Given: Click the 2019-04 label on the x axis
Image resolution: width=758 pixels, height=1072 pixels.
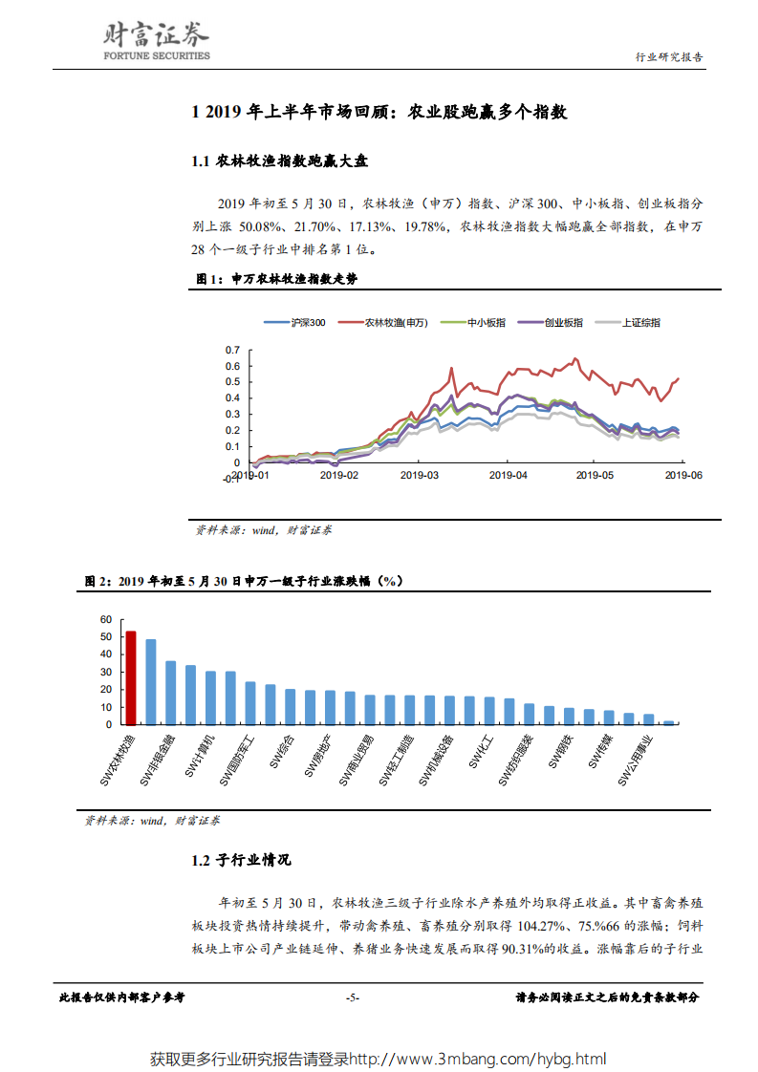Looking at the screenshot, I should [x=508, y=474].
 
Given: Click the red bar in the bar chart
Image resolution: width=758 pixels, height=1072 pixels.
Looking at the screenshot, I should [x=131, y=676].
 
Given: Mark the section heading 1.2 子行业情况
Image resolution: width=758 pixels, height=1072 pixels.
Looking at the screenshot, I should [x=241, y=860].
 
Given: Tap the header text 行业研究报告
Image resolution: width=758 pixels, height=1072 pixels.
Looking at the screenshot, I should [x=670, y=57].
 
